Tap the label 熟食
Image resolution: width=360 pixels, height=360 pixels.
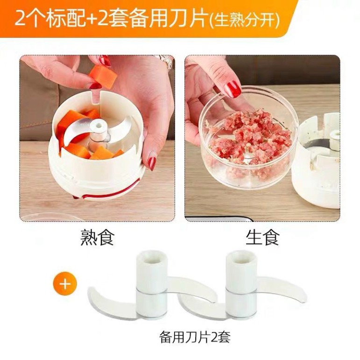point(97,237)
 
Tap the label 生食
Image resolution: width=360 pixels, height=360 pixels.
point(262,237)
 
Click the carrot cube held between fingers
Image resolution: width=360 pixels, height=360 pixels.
point(103,76)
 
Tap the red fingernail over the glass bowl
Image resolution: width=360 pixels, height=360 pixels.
point(232,89)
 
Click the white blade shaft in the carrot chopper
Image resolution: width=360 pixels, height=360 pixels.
point(99,127)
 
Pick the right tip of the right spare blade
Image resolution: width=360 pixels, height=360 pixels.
point(303,292)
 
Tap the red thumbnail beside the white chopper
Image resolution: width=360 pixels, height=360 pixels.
point(152,163)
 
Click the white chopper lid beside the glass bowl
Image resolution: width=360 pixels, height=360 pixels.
point(320,159)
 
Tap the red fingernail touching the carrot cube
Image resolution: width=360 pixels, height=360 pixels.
point(105,60)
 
